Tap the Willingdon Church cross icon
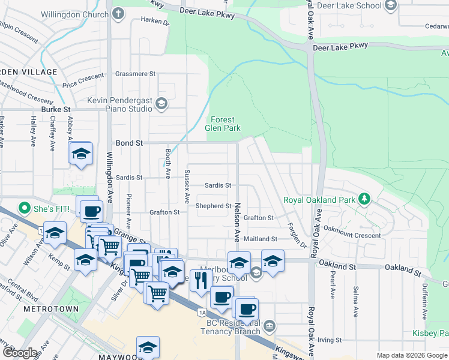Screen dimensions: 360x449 click(x=118, y=13)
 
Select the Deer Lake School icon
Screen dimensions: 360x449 click(x=391, y=6)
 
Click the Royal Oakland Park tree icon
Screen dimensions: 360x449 click(x=363, y=199)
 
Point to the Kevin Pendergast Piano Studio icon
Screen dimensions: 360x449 click(x=161, y=104)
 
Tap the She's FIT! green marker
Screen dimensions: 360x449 click(x=25, y=209)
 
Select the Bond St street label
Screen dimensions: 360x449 click(x=130, y=143)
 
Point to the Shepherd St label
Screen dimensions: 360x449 click(x=214, y=206)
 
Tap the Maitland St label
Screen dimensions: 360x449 click(x=260, y=239)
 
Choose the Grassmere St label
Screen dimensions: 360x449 click(x=136, y=74)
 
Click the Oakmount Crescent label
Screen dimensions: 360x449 click(x=352, y=236)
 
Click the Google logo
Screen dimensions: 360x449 click(x=19, y=353)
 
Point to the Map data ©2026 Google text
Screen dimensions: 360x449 click(x=411, y=355)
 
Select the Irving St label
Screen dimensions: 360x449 click(x=330, y=340)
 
